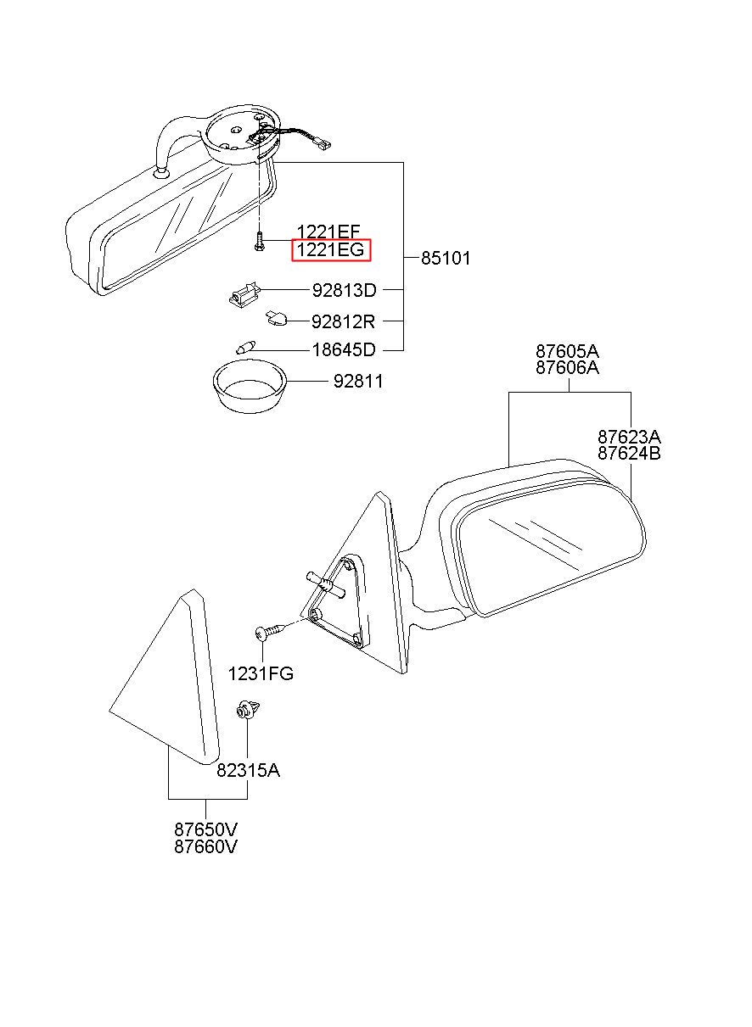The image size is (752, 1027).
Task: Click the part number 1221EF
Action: pyautogui.click(x=328, y=232)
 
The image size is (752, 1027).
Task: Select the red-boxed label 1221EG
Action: pyautogui.click(x=331, y=250)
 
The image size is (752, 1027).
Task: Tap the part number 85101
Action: pyautogui.click(x=446, y=258)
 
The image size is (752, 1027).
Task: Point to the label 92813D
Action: pyautogui.click(x=344, y=290)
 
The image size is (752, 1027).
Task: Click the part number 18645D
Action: pyautogui.click(x=344, y=349)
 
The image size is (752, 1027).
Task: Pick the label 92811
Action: pyautogui.click(x=357, y=382)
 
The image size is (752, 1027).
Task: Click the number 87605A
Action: pyautogui.click(x=567, y=351)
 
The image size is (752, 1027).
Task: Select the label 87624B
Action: pyautogui.click(x=629, y=453)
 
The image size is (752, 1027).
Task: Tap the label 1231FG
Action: pyautogui.click(x=261, y=674)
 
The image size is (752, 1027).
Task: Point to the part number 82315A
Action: pyautogui.click(x=248, y=770)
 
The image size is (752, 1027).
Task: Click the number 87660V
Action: pyautogui.click(x=206, y=846)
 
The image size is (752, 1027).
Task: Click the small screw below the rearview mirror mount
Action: pyautogui.click(x=257, y=244)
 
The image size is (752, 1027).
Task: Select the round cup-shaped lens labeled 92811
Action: pyautogui.click(x=247, y=388)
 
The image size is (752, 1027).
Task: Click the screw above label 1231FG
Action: pyautogui.click(x=268, y=632)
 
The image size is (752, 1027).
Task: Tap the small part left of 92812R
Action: pyautogui.click(x=274, y=318)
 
